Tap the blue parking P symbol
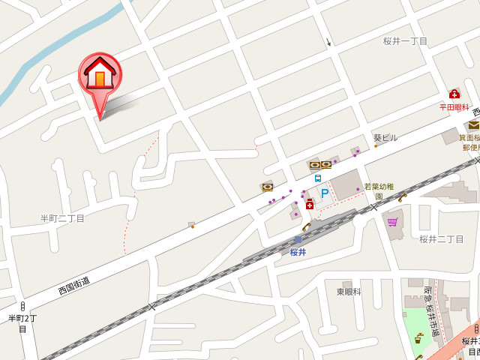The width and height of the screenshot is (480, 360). (x=325, y=193)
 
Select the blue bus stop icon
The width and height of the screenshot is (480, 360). (x=318, y=178)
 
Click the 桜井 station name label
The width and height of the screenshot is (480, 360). (x=298, y=252)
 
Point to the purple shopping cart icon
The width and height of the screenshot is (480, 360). (x=392, y=222)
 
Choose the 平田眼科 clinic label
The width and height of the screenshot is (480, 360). (x=454, y=107)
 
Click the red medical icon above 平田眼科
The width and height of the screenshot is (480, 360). (x=454, y=94)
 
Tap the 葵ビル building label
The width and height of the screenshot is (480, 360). (x=385, y=138)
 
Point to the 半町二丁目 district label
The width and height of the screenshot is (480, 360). (x=62, y=218)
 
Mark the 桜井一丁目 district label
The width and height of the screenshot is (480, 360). (x=405, y=41)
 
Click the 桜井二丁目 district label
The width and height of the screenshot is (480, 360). (x=442, y=239)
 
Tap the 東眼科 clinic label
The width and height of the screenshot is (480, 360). (x=348, y=291)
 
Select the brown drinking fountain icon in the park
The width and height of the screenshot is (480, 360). (x=418, y=338)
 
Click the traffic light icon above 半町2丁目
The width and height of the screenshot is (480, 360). (x=22, y=306)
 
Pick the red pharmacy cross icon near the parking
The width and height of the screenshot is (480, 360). (x=309, y=204)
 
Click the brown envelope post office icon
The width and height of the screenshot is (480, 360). (x=473, y=125)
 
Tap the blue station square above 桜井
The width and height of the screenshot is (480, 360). (x=298, y=240)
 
